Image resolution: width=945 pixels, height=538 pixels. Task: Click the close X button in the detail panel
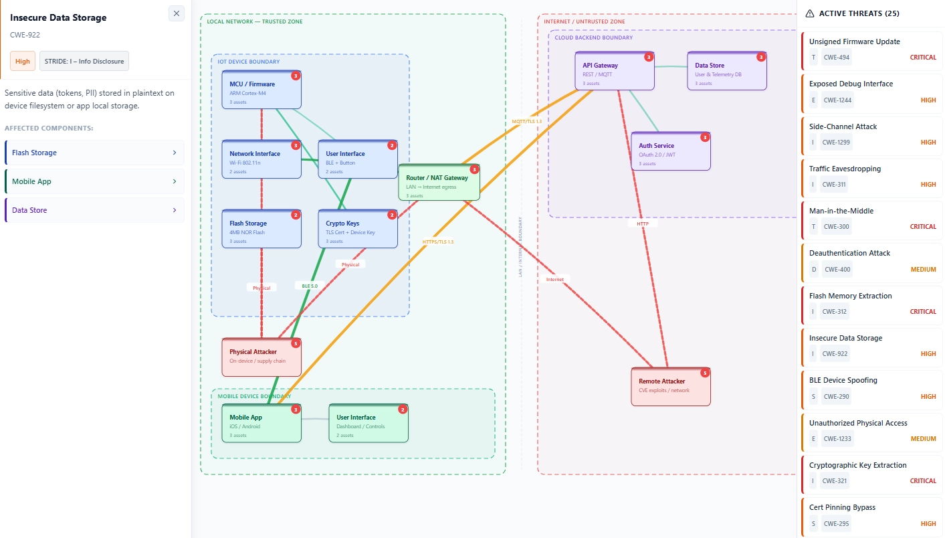point(177,13)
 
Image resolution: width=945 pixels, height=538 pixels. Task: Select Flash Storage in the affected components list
point(94,153)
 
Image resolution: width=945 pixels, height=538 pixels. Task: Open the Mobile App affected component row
point(94,181)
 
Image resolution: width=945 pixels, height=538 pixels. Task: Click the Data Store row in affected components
point(94,210)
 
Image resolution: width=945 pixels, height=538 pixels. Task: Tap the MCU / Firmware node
point(261,90)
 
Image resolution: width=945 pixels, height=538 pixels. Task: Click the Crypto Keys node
point(357,229)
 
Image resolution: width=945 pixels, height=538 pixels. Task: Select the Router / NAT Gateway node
point(439,182)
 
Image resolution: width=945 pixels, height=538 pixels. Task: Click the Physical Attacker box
point(261,357)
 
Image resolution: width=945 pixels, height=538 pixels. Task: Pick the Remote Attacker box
point(670,386)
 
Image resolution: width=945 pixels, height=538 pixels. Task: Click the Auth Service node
point(670,151)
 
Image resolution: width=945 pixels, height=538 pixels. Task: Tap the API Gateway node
point(614,71)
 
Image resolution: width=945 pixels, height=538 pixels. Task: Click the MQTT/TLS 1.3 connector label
point(526,121)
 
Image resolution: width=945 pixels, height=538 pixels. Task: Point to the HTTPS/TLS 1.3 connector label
point(437,242)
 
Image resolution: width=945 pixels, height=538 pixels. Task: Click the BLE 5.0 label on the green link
point(310,286)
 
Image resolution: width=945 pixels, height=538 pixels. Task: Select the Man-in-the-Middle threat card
point(871,219)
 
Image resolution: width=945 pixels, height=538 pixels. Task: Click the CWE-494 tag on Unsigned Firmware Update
point(836,58)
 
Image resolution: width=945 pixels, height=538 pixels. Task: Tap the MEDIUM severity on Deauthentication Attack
point(923,269)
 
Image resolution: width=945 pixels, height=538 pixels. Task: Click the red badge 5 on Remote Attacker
point(704,373)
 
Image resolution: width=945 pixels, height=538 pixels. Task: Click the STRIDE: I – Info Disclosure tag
point(84,61)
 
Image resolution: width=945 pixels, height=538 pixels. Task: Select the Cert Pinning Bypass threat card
point(871,515)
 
